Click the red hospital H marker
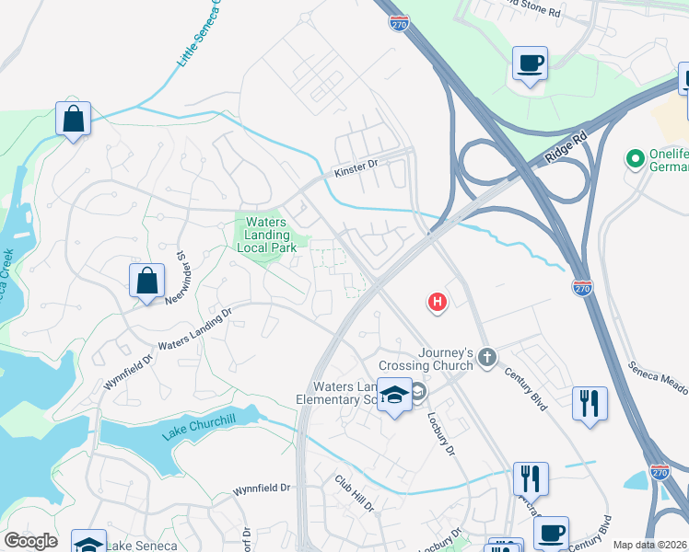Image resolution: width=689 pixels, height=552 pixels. click(438, 302)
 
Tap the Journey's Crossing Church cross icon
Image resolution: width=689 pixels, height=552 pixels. click(487, 356)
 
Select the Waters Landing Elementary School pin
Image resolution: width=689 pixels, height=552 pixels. click(394, 397)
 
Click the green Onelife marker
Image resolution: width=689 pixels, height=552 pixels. click(635, 159)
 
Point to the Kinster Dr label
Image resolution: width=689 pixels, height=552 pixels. click(356, 168)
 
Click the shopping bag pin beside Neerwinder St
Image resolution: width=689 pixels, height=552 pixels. click(147, 282)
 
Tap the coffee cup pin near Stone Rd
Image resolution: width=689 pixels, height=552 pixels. click(530, 64)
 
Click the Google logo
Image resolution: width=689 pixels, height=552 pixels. click(30, 541)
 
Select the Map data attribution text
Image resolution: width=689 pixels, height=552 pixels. click(650, 545)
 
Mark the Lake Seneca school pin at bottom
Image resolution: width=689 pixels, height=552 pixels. click(89, 546)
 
